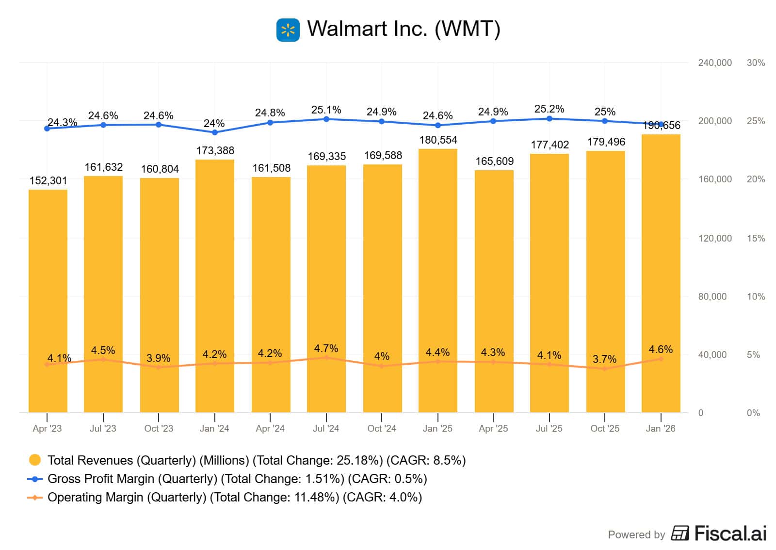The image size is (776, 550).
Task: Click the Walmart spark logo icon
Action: pos(288,30)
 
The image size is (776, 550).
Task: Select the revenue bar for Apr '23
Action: pos(48,301)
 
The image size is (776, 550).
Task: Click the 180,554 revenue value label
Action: pos(438,140)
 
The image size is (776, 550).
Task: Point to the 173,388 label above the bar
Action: pos(215,151)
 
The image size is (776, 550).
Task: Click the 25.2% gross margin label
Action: pos(549,109)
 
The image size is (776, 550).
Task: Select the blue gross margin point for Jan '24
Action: pos(215,132)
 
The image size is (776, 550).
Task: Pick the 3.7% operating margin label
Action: pos(604,359)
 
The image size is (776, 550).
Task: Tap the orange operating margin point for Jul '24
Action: pos(326,357)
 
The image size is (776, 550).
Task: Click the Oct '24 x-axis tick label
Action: pos(382,429)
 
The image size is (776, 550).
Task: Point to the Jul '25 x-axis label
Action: pos(549,429)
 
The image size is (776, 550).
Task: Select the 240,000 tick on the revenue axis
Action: pos(714,63)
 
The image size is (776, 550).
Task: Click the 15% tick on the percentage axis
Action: pos(756,239)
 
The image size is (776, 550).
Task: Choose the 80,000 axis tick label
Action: pos(712,297)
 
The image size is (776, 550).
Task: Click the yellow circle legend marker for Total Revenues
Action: pos(35,460)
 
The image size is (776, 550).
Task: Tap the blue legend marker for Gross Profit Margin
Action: pos(35,479)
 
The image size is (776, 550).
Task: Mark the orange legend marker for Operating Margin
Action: pos(35,498)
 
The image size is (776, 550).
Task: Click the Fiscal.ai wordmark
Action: pos(730,534)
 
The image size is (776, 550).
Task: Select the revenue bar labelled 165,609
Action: pos(494,291)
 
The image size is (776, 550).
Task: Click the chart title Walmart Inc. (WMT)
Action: pos(404,29)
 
